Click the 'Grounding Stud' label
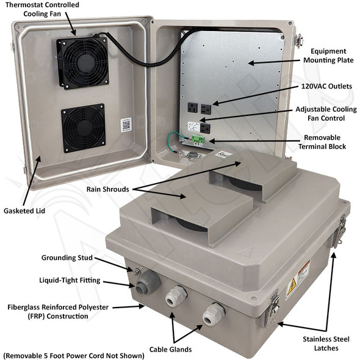point(65,258)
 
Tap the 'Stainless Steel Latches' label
point(324,342)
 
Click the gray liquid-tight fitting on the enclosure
point(146,281)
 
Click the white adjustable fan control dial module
point(192,126)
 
